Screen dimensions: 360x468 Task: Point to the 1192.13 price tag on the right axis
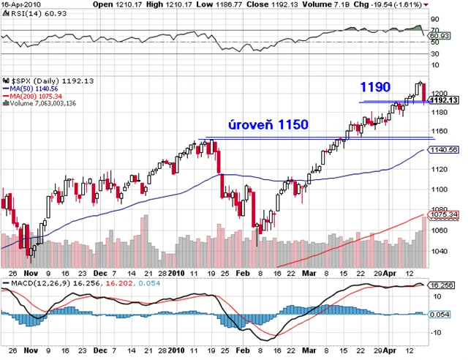coord(445,100)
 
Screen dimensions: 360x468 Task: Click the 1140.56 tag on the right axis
coord(445,149)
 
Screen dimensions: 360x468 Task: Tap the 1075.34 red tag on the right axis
coord(445,214)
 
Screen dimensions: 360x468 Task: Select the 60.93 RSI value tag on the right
coord(439,34)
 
